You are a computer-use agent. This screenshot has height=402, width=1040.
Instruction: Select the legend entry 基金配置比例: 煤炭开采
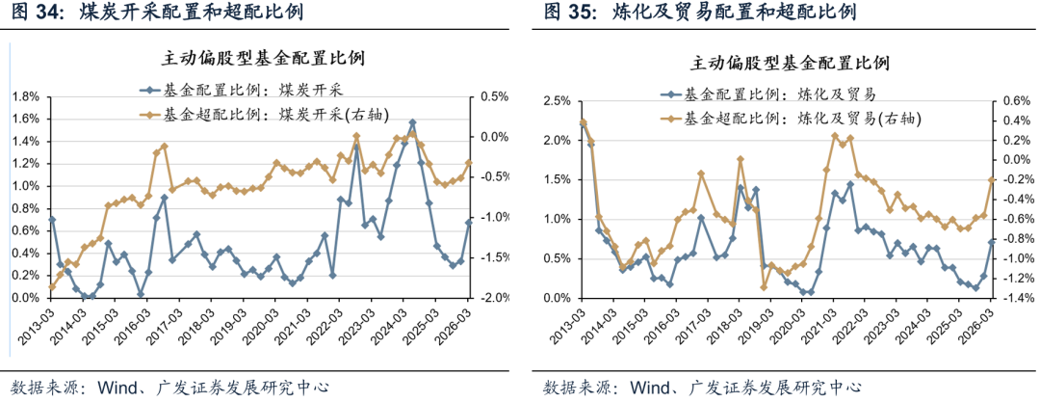coord(255,91)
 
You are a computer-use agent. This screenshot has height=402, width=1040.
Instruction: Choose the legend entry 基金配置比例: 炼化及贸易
coord(780,94)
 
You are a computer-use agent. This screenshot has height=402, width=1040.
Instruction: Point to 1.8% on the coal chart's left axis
coord(24,96)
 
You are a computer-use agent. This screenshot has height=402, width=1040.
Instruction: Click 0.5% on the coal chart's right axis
coord(494,96)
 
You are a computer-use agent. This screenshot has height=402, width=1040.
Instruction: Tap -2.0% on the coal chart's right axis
coord(491,298)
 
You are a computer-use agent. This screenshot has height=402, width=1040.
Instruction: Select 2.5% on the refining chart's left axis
coord(557,100)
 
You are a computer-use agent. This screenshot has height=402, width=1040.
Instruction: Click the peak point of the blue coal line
coord(412,122)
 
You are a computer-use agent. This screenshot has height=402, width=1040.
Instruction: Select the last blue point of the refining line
coord(992,241)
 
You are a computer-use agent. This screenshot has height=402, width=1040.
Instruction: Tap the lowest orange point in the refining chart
coord(764,287)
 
